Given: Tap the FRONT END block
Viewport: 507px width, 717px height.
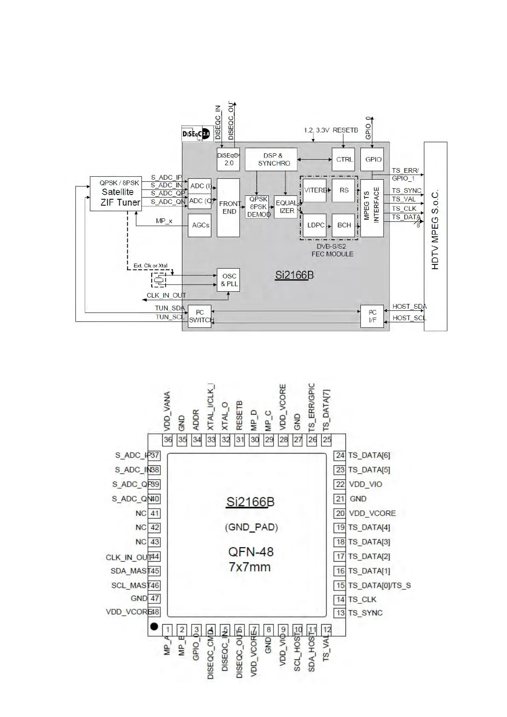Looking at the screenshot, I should pyautogui.click(x=228, y=207).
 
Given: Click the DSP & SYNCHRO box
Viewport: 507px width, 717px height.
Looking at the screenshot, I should pyautogui.click(x=271, y=159).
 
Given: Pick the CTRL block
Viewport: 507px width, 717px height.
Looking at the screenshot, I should pyautogui.click(x=343, y=159).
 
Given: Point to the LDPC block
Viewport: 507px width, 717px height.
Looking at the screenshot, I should pyautogui.click(x=315, y=225).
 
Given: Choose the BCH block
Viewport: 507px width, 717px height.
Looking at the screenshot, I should pyautogui.click(x=343, y=225).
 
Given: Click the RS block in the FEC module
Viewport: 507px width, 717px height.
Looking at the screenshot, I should pyautogui.click(x=343, y=190).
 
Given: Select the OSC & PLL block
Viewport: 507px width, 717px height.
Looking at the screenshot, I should pyautogui.click(x=228, y=280).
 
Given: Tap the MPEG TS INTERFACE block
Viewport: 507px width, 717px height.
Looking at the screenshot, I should pyautogui.click(x=372, y=208).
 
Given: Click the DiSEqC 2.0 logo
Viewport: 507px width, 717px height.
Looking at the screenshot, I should pyautogui.click(x=196, y=134).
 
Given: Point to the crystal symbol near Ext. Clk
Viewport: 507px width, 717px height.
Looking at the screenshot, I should pyautogui.click(x=159, y=280).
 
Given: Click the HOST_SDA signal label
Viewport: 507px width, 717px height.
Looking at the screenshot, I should pyautogui.click(x=409, y=307).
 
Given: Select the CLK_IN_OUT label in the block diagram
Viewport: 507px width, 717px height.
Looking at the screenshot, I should pyautogui.click(x=166, y=295).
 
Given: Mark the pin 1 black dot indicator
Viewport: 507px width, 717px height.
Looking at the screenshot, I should pyautogui.click(x=154, y=626).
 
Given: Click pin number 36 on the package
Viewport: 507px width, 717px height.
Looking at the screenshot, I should pyautogui.click(x=168, y=440).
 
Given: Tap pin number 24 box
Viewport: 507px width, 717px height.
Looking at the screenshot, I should pyautogui.click(x=340, y=455).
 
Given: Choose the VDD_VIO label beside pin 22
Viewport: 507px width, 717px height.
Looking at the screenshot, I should pyautogui.click(x=366, y=484).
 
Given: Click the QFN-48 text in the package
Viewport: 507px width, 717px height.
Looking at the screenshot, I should pyautogui.click(x=251, y=552).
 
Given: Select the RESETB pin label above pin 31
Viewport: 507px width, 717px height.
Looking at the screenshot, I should pyautogui.click(x=239, y=415).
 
